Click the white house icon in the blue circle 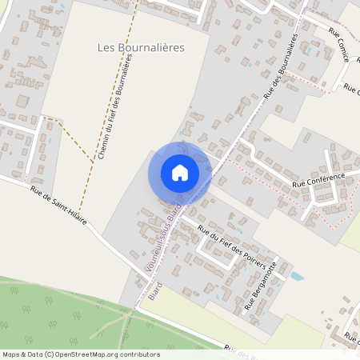(180, 172)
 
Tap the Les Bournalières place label (141, 48)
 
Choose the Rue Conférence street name (318, 179)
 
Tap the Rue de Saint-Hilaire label (58, 204)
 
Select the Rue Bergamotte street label (261, 285)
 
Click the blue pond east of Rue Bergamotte (297, 277)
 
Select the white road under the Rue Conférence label (320, 189)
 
